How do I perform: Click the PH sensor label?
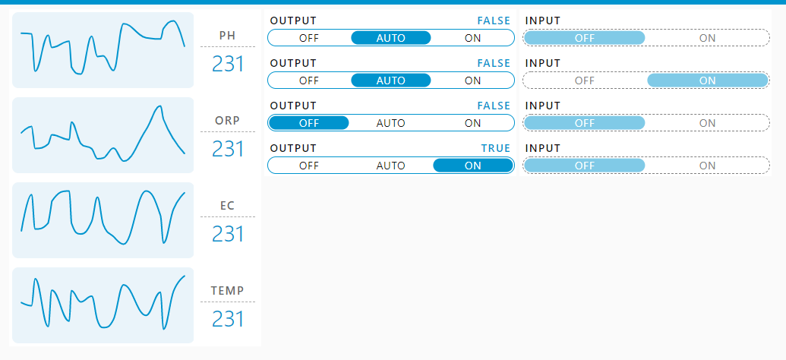point(228,35)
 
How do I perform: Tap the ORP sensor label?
point(228,120)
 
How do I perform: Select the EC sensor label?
point(228,206)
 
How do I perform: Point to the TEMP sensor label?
point(228,290)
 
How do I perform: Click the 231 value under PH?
point(228,65)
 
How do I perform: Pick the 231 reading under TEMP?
point(228,320)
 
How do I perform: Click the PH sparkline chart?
point(103,50)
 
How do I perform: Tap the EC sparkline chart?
point(103,220)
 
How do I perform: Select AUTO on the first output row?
point(391,38)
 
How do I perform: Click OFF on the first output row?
point(309,38)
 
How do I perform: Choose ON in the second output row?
point(472,81)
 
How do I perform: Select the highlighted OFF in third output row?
point(309,123)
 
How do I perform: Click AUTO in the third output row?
point(391,123)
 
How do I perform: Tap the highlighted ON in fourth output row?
point(472,166)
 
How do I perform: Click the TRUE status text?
point(496,148)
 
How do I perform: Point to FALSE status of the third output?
point(494,106)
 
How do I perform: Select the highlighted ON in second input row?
point(708,81)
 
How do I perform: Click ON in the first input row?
point(708,38)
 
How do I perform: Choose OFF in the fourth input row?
point(585,166)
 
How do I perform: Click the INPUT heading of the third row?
point(543,106)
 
